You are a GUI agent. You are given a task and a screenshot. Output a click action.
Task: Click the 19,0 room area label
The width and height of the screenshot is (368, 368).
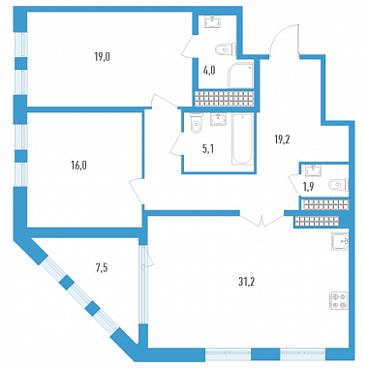(103, 57)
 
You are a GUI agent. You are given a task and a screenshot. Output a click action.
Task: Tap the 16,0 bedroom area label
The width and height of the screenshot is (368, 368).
(79, 166)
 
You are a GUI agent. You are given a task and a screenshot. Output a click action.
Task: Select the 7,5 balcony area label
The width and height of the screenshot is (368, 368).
(102, 268)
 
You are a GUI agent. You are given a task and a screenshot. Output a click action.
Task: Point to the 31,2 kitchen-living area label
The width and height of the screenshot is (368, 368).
(247, 282)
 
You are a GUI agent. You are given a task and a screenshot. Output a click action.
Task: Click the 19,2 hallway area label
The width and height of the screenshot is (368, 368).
(282, 140)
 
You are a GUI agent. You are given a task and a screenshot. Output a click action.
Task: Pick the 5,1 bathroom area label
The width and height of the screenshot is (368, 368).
(208, 149)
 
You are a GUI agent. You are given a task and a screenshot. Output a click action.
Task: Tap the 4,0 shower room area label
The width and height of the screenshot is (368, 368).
(209, 70)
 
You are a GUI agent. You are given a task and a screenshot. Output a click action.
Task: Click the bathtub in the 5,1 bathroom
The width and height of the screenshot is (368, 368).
(242, 139)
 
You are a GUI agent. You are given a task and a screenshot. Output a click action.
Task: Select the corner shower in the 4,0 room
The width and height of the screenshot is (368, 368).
(240, 76)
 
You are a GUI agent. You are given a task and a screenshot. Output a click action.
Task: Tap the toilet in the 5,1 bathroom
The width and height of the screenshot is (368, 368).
(196, 123)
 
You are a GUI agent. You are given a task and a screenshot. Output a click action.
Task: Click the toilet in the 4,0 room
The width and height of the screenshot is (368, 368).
(226, 49)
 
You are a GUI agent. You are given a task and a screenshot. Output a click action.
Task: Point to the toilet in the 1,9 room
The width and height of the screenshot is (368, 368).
(338, 185)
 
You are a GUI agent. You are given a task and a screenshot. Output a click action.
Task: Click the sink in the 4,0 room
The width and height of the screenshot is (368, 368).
(213, 22)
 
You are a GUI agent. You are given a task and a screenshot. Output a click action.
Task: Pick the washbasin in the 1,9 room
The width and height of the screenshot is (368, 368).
(313, 170)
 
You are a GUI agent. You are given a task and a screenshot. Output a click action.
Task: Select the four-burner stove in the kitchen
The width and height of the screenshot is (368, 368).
(339, 301)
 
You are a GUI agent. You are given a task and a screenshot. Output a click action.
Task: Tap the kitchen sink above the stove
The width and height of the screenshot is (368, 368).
(340, 242)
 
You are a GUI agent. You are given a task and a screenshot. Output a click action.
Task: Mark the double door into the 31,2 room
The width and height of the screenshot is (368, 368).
(262, 220)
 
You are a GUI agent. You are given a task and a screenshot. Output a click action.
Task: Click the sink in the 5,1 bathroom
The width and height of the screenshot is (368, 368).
(219, 118)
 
